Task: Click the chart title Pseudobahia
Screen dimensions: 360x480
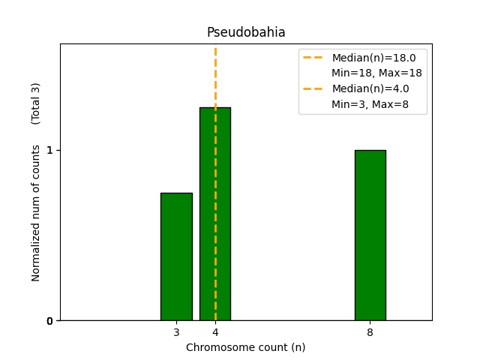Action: [x=246, y=33]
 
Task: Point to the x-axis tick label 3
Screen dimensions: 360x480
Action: [x=176, y=332]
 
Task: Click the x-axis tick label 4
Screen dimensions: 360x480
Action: [x=215, y=332]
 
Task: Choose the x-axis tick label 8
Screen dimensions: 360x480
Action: [x=370, y=332]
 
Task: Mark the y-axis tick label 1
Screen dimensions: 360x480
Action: [x=49, y=150]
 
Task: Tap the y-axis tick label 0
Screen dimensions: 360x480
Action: [x=49, y=321]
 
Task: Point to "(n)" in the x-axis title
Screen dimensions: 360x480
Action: [x=298, y=347]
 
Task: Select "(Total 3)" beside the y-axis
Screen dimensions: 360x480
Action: [x=36, y=103]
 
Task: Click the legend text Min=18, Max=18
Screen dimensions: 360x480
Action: [x=376, y=73]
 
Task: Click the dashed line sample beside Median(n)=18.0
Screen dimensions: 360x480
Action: [x=313, y=58]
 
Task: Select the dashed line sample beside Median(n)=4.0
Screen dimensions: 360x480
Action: [x=313, y=88]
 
